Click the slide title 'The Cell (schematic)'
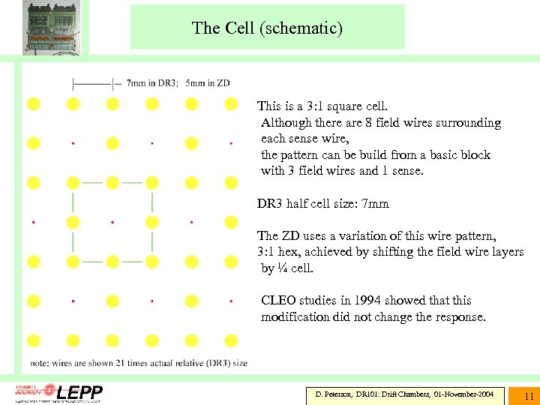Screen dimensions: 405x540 tap(267, 28)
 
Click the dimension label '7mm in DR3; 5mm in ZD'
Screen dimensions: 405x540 tap(178, 82)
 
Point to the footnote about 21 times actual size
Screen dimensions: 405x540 tap(139, 363)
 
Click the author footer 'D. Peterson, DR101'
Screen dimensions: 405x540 tap(404, 394)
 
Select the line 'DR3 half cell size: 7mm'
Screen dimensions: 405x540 tap(323, 203)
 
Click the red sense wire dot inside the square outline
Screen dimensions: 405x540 tap(112, 222)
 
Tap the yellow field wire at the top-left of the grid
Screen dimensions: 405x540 tap(33, 103)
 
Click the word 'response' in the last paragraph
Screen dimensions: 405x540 tap(460, 316)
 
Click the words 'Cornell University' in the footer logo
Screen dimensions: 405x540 tap(28, 391)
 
